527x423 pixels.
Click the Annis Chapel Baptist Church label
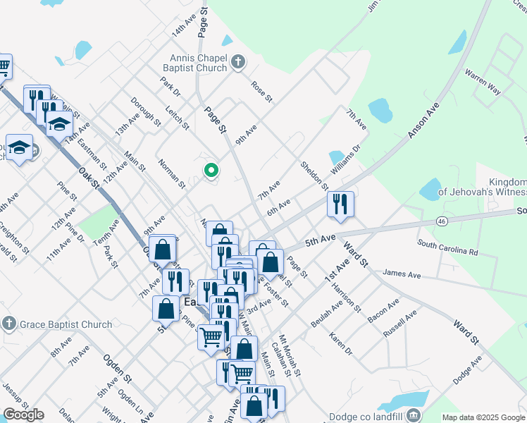pos(198,63)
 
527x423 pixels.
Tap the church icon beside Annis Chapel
pos(238,63)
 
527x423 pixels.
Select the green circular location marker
pos(211,170)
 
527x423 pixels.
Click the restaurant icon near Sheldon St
pos(340,204)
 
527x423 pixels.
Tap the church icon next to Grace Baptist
pos(8,324)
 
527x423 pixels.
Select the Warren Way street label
pos(483,82)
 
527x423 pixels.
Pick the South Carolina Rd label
pos(447,247)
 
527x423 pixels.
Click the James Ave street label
pos(402,274)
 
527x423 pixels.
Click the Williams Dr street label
pos(345,160)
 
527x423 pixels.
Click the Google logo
pos(23,415)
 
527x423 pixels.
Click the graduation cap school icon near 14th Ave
pos(60,124)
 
